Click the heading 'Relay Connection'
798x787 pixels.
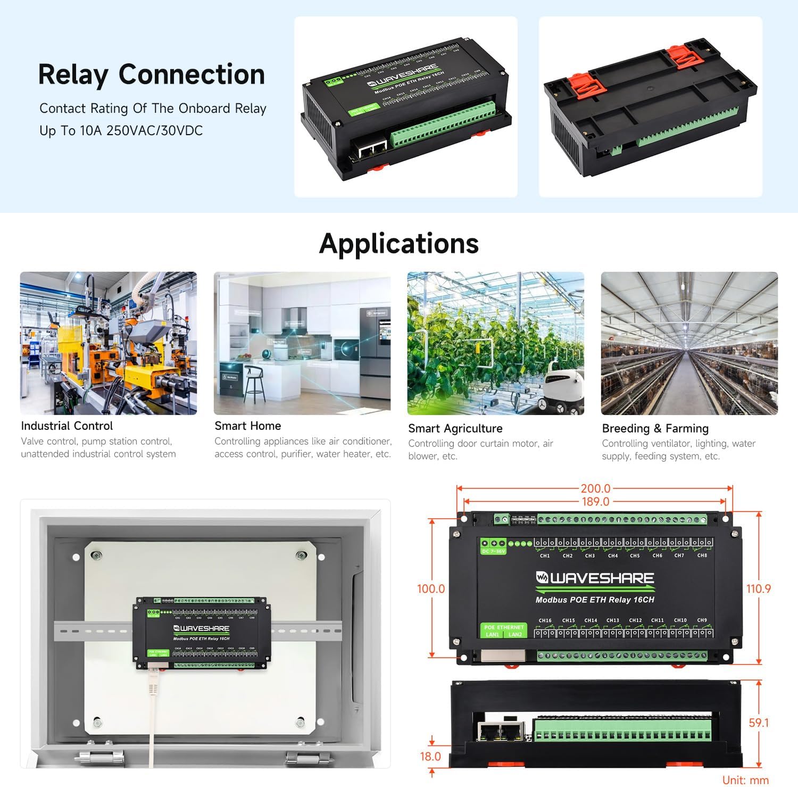152,74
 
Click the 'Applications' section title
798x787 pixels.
399,244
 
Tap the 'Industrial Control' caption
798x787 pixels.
67,426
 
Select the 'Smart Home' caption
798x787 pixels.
248,426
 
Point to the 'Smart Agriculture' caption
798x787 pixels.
455,428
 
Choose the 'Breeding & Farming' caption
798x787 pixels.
655,428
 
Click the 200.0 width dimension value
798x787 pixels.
595,488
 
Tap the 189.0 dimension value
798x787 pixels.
595,501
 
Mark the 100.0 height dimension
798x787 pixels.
431,589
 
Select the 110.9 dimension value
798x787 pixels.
759,589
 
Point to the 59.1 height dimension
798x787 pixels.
759,723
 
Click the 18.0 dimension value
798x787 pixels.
430,756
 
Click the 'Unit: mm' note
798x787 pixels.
745,780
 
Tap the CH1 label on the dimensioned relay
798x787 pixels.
545,556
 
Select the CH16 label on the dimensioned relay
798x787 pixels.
545,620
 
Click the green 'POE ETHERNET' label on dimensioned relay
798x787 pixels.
504,627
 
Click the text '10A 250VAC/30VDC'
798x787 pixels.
142,131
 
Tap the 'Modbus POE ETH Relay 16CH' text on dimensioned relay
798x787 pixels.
595,600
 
